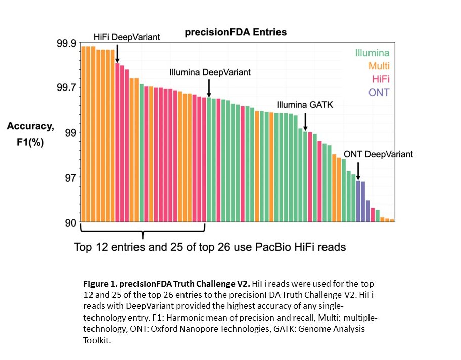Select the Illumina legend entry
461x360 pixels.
tap(372, 53)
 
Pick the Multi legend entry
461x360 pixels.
tap(379, 66)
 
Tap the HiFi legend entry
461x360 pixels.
tap(380, 79)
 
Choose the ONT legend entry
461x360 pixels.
tap(379, 92)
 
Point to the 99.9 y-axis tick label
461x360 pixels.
tap(66, 43)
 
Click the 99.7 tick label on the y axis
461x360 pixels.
tap(66, 88)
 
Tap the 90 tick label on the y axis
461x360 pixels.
tap(70, 223)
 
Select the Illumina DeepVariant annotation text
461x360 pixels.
tap(210, 72)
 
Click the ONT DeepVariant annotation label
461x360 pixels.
tap(378, 154)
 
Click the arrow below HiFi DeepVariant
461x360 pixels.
tap(117, 53)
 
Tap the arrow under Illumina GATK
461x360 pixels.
tap(305, 121)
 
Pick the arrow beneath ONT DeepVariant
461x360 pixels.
tap(358, 170)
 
